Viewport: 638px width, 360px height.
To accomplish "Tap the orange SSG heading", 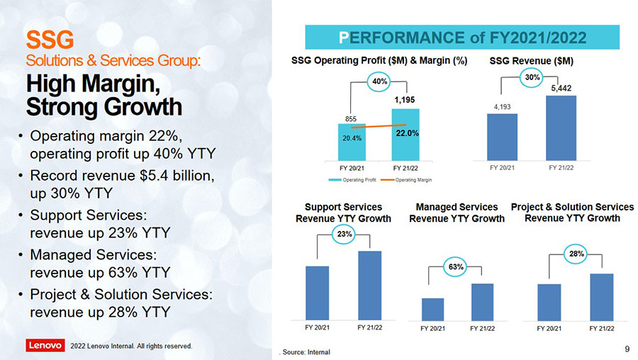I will pos(46,36).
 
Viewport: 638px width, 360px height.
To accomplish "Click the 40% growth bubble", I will pos(379,82).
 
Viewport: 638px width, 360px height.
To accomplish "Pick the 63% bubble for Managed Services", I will pos(456,266).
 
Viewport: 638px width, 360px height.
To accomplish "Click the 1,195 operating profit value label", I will pos(405,101).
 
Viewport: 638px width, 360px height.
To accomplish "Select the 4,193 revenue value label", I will pos(502,107).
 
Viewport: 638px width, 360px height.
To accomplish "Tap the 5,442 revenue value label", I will pos(561,88).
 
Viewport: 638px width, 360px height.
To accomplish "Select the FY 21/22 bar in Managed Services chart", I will pos(482,303).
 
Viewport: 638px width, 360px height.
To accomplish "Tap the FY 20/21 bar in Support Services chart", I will pos(317,293).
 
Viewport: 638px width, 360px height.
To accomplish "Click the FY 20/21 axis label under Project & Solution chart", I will pos(549,329).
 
